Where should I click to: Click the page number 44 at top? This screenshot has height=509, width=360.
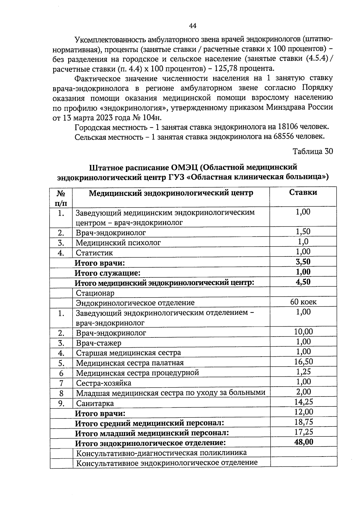tap(193, 26)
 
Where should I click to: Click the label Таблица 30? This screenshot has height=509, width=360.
tap(313, 151)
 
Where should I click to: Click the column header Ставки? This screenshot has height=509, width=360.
tap(303, 193)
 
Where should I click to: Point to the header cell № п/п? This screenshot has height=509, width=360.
tap(61, 198)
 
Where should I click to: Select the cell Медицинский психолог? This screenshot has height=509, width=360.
tap(118, 243)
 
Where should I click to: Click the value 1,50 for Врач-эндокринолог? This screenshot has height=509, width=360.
tap(303, 232)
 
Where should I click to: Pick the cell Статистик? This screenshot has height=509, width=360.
tap(94, 253)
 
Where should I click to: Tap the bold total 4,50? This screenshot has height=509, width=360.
tap(303, 282)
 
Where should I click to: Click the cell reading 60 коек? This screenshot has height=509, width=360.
tap(303, 302)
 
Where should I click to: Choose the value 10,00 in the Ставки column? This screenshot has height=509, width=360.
tap(303, 332)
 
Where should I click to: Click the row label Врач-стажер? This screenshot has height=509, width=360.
tap(99, 343)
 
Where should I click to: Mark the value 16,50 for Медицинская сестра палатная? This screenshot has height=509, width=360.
tap(303, 362)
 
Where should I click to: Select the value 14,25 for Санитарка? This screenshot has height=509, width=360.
tap(303, 402)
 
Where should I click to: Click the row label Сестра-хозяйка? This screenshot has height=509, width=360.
tap(103, 383)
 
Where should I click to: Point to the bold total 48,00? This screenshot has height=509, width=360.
tap(304, 442)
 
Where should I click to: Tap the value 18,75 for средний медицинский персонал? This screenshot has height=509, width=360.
tap(303, 422)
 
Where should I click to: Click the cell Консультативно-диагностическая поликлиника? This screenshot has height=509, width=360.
tap(161, 453)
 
